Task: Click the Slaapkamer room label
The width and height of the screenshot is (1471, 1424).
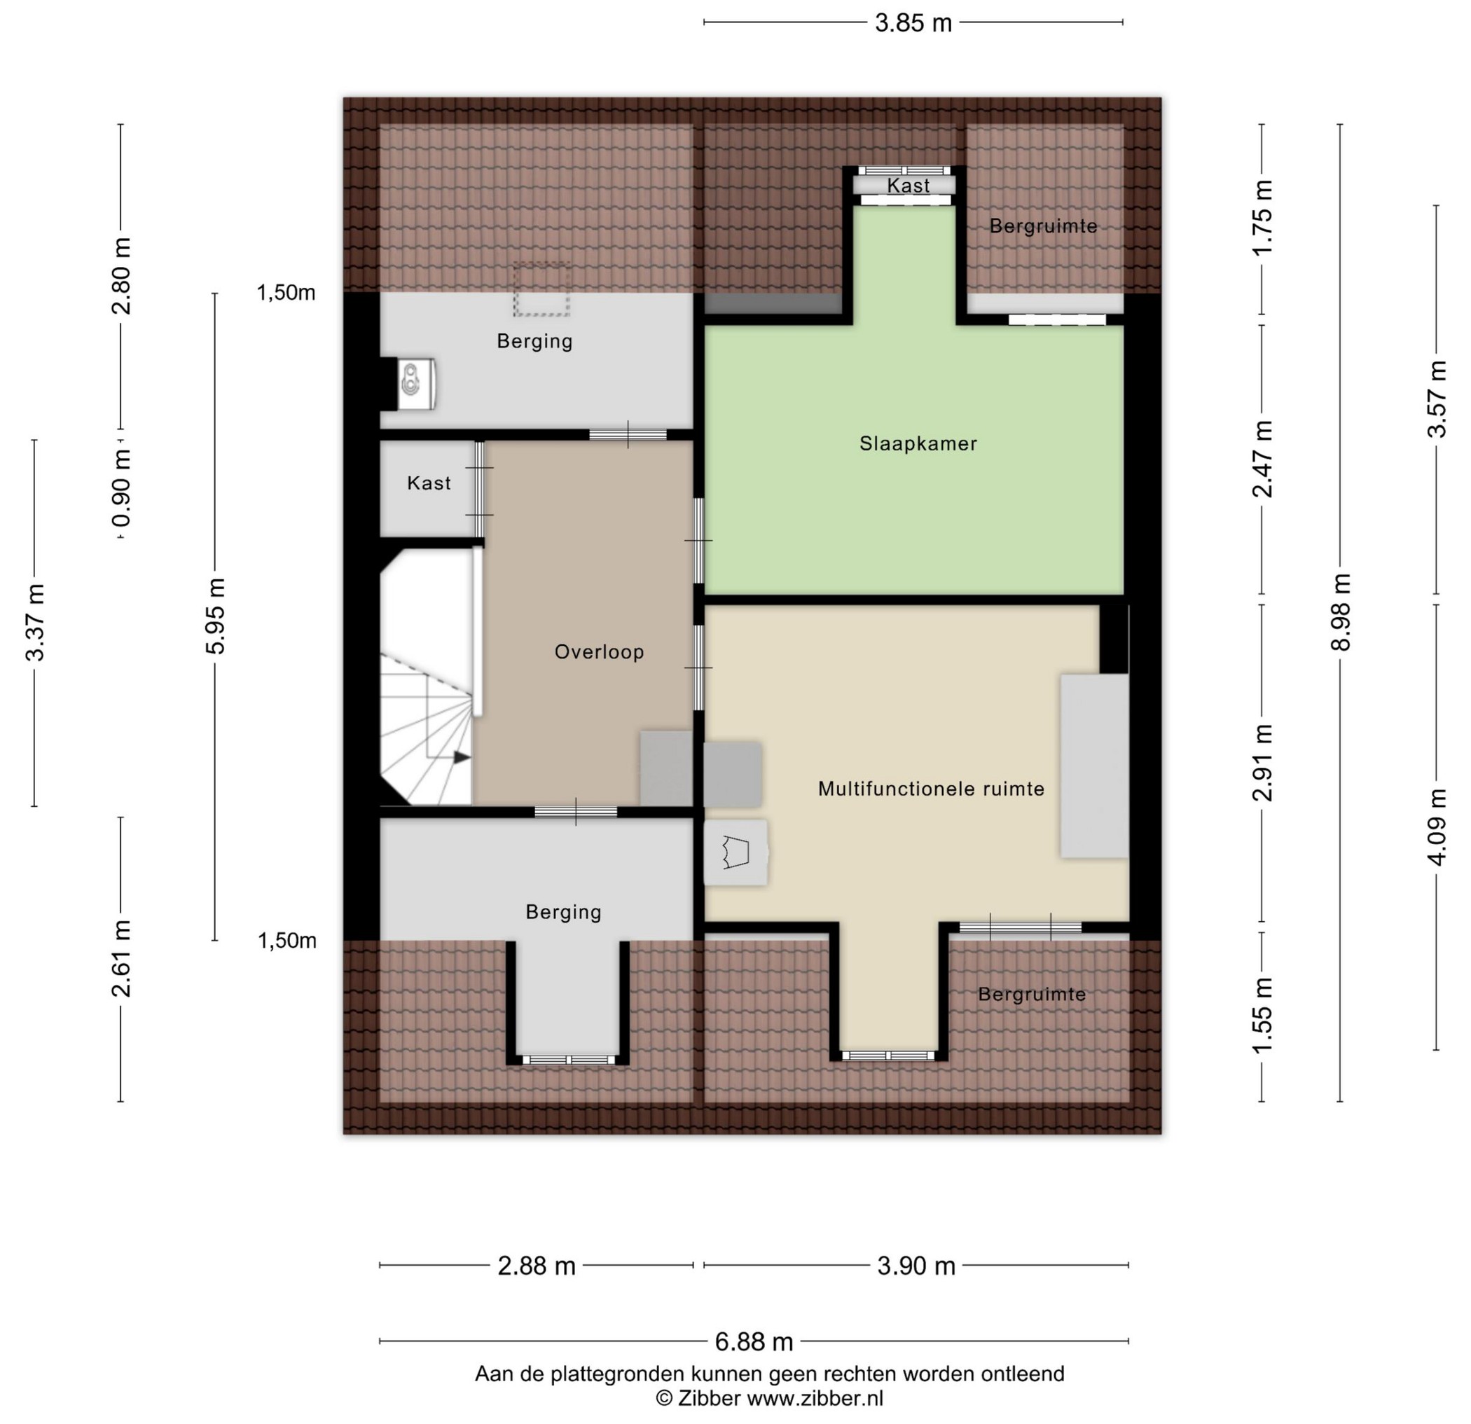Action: [x=918, y=443]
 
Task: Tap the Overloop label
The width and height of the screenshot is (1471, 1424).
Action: [x=599, y=651]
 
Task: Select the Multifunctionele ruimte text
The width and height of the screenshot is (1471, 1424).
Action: [x=931, y=789]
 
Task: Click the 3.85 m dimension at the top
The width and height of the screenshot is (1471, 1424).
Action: [x=913, y=23]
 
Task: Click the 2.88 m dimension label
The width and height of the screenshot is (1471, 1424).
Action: [x=537, y=1266]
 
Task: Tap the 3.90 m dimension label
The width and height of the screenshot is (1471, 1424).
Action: [x=916, y=1266]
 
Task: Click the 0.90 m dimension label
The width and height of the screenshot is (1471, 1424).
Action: [x=120, y=488]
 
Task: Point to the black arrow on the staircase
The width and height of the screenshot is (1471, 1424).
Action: [x=461, y=757]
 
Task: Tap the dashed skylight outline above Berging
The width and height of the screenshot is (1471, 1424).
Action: [x=541, y=289]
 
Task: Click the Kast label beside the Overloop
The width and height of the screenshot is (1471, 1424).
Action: [x=429, y=483]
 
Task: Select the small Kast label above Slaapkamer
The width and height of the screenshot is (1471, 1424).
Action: [x=908, y=186]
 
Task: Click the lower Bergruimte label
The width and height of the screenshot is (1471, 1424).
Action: [x=1032, y=995]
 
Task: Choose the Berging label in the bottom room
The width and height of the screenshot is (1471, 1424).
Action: [x=564, y=912]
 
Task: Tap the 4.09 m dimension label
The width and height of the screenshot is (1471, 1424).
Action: [x=1437, y=827]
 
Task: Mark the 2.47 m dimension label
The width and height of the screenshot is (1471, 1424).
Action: [x=1262, y=459]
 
